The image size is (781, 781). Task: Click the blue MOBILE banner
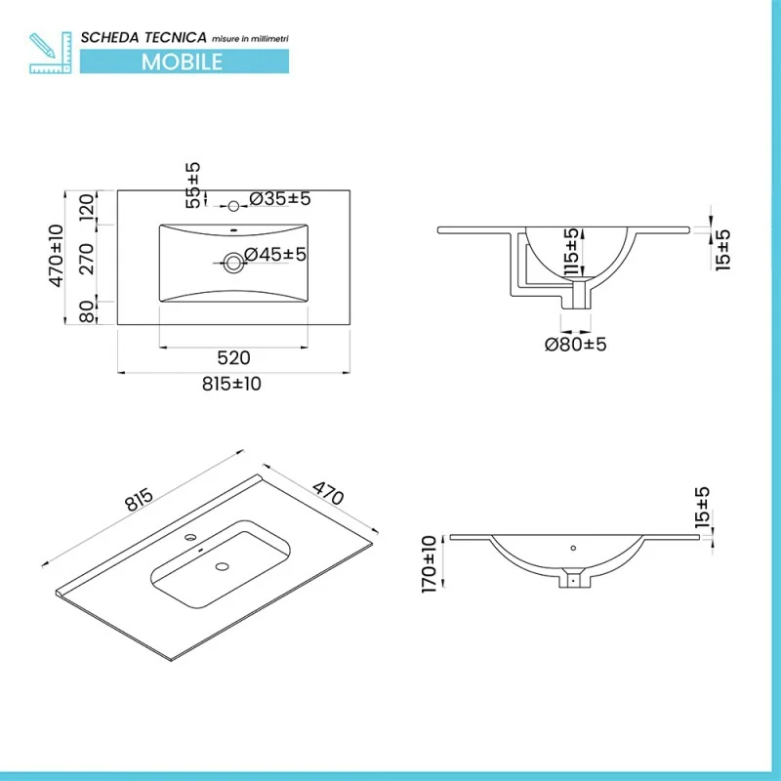185,62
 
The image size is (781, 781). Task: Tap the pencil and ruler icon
51,53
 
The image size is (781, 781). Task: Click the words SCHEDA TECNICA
144,37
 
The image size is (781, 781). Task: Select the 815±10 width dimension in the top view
231,384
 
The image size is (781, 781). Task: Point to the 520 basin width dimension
233,357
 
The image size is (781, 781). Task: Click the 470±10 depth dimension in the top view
57,256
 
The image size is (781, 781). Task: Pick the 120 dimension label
87,208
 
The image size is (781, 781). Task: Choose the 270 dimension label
87,259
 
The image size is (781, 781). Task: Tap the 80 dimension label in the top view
87,311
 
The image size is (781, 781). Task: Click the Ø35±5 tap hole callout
280,199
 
